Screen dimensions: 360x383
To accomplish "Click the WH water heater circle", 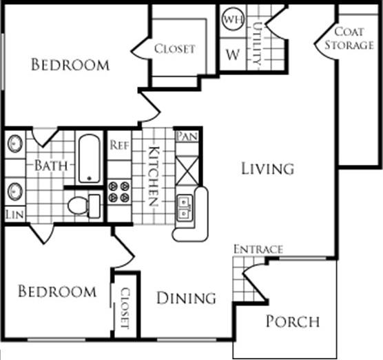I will coord(230,19).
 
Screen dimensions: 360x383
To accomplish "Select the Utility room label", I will coord(257,43).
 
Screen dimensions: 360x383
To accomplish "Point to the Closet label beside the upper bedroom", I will coord(174,49).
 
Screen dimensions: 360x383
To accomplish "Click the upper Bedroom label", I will coord(70,66).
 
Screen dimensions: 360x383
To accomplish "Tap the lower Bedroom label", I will coord(56,291).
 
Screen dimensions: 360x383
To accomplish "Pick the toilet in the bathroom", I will coord(83,205).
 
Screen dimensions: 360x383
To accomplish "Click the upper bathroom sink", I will coord(15,145).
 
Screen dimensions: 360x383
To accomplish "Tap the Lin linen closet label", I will coord(13,215).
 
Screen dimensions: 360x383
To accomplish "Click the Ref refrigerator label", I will coord(120,146).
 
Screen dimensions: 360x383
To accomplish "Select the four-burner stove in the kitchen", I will coord(119,191).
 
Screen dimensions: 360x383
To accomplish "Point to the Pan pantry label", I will coord(187,136).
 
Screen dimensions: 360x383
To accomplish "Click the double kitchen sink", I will coord(185,207).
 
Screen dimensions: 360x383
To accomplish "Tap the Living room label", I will coord(267,168).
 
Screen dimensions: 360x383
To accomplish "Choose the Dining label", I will coord(185,298).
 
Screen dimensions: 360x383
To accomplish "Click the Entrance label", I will coord(258,249).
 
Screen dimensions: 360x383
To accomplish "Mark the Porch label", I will coord(293,321).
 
